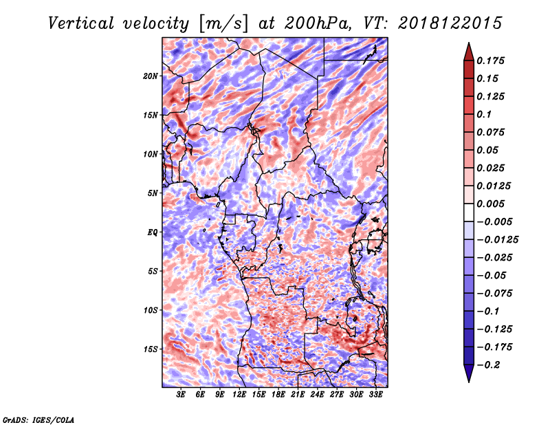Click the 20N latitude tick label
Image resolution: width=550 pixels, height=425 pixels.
[151, 76]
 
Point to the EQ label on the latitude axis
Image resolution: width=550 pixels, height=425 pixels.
[152, 232]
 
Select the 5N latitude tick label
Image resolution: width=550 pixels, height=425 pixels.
[153, 193]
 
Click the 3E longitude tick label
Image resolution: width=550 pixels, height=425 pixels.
[181, 395]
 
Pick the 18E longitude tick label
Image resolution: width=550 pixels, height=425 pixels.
[278, 395]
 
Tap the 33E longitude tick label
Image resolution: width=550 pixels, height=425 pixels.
[375, 395]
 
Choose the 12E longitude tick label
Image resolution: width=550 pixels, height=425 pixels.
[239, 395]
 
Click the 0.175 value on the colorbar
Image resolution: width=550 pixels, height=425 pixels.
[490, 61]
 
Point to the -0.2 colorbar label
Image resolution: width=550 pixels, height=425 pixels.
[488, 365]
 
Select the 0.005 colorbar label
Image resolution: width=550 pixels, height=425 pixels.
[490, 204]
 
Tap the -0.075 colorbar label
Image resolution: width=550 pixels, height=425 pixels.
[494, 294]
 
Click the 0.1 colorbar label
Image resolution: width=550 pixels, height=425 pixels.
[484, 114]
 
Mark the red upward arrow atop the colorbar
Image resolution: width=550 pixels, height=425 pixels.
[469, 52]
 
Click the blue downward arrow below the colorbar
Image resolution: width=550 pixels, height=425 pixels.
[469, 373]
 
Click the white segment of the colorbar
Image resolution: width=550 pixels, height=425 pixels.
[469, 212]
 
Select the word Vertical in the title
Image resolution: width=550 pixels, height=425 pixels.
[81, 23]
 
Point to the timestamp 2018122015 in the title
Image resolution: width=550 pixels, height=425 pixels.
[450, 23]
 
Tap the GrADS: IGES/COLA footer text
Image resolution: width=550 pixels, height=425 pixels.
[38, 420]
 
